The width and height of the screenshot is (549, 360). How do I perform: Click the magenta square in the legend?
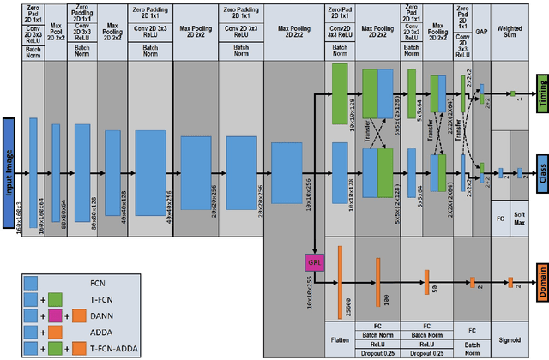pyautogui.click(x=53, y=314)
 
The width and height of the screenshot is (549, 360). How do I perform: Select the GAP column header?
pyautogui.click(x=481, y=30)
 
